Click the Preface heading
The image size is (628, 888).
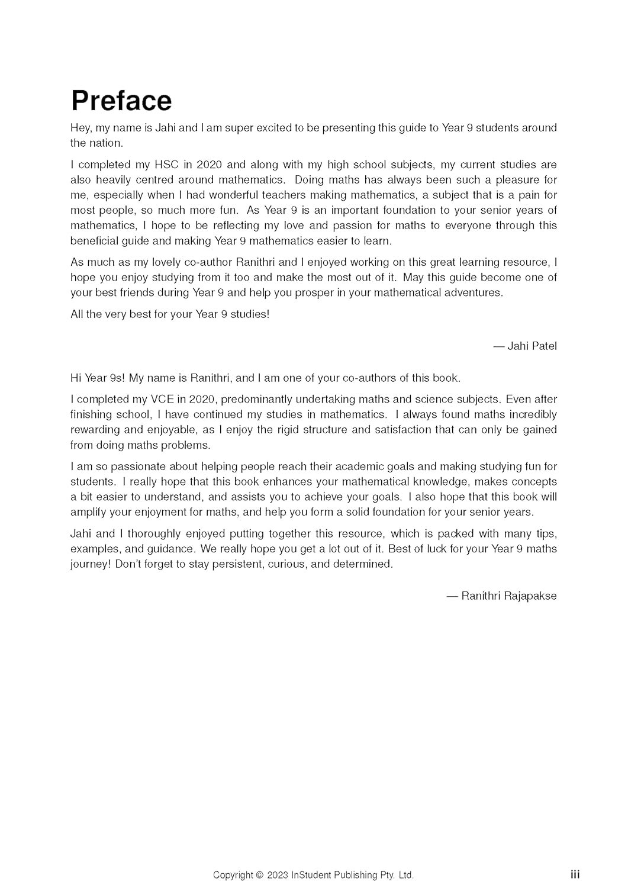(x=121, y=101)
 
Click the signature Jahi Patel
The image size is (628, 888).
(x=532, y=346)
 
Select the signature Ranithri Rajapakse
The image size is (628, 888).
(x=508, y=596)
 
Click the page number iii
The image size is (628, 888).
(x=575, y=874)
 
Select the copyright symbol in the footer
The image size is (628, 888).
(x=259, y=875)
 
